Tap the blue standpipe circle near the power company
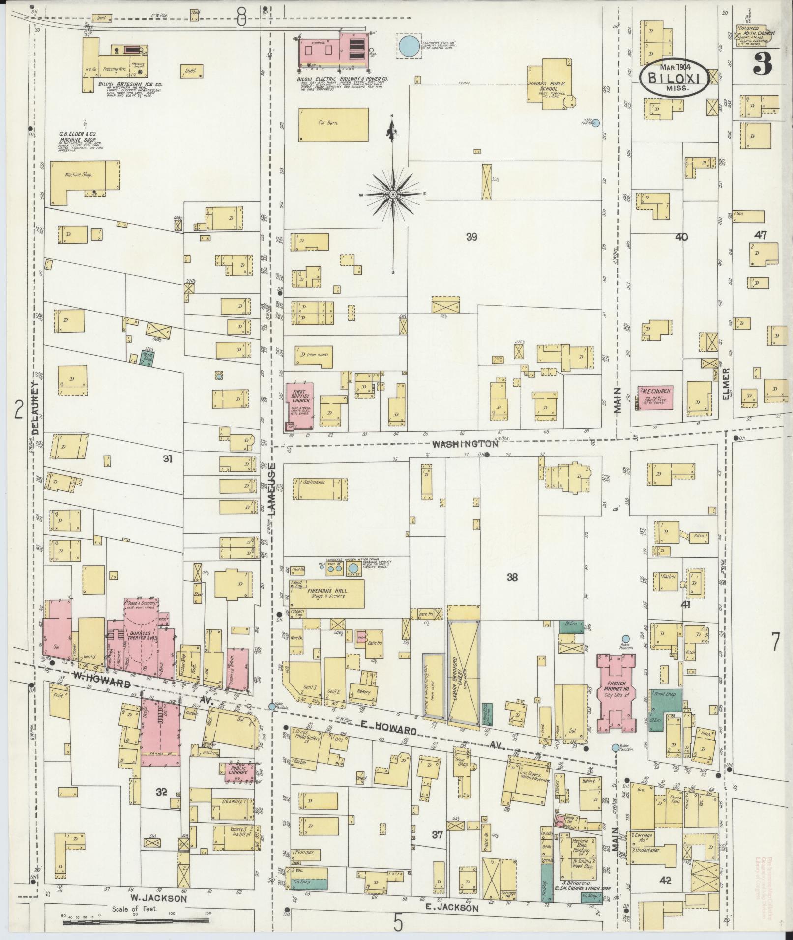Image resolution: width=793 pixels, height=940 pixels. pos(409,45)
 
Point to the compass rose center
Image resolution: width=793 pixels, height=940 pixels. pos(393,195)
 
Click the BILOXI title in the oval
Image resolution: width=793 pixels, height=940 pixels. pos(674,78)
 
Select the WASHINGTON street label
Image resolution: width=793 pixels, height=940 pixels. pos(465,444)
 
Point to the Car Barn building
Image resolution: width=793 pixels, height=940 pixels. pos(334,124)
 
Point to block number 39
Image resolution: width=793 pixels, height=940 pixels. pos(471,237)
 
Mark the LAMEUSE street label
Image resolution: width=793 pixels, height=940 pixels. pos(273,488)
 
